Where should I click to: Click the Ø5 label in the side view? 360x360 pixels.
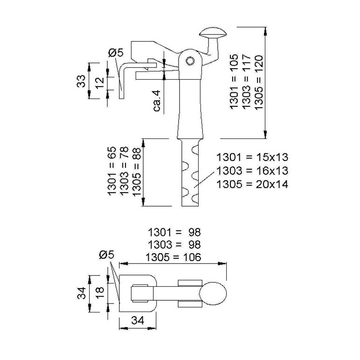point(116,53)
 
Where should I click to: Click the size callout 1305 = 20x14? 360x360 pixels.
point(252,184)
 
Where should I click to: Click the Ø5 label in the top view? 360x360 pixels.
point(107,255)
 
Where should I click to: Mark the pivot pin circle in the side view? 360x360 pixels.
point(190,61)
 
